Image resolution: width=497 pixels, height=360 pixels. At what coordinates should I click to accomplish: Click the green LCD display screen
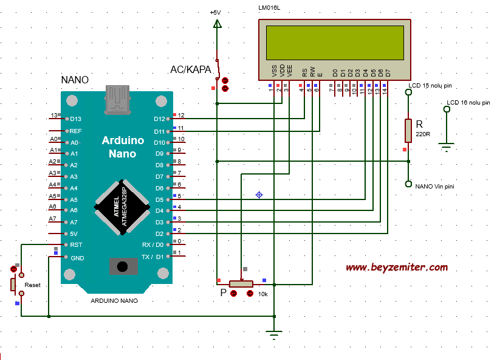[x=335, y=43]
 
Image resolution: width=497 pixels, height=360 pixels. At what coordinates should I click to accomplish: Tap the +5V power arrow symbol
[x=217, y=24]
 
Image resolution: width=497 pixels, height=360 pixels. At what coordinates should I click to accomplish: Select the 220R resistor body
[x=408, y=131]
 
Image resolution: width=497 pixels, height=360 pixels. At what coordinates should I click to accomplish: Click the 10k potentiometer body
[x=241, y=284]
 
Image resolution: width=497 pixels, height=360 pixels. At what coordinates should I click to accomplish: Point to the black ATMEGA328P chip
[x=122, y=207]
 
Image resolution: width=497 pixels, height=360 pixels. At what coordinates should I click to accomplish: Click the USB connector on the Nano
[x=117, y=99]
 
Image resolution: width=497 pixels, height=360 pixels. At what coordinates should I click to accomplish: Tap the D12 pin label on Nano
[x=159, y=119]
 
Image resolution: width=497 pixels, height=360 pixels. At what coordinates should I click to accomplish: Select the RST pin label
[x=76, y=245]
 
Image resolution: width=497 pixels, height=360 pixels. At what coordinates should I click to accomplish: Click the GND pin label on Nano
[x=77, y=258]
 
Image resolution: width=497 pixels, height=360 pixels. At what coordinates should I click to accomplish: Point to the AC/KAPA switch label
[x=191, y=69]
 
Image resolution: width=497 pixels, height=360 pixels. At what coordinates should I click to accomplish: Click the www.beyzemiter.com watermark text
[x=397, y=268]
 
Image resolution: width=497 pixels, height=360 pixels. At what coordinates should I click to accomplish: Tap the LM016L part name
[x=269, y=8]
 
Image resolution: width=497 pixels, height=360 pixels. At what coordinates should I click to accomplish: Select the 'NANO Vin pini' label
[x=434, y=187]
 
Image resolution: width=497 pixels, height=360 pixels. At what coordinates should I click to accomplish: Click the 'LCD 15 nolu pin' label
[x=430, y=86]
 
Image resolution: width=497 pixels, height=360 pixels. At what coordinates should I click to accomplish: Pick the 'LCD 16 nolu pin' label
[x=468, y=102]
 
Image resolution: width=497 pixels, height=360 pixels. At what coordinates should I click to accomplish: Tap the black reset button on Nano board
[x=122, y=266]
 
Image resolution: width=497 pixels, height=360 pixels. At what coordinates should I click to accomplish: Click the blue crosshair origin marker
[x=259, y=195]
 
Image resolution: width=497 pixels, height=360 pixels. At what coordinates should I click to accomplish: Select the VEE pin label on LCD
[x=289, y=71]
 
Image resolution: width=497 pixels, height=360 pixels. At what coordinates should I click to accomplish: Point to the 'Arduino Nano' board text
[x=123, y=147]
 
